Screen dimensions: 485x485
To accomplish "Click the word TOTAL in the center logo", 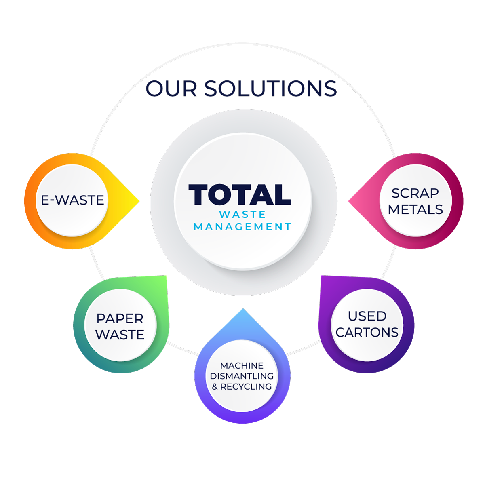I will tap(240, 194).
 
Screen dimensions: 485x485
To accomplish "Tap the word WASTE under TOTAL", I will tap(242, 214).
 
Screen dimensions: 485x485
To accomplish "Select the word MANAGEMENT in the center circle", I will tap(242, 227).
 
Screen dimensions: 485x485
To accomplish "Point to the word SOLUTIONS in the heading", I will tap(270, 89).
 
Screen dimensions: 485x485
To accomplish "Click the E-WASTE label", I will tap(73, 200).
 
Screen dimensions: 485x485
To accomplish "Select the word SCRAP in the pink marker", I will tap(415, 193).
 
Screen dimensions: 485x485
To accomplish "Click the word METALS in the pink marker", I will tap(415, 209).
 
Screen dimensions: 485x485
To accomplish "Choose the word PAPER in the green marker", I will tap(120, 318).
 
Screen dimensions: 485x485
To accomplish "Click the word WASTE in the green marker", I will tap(120, 335).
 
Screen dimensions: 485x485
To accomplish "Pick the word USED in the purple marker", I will tap(367, 316).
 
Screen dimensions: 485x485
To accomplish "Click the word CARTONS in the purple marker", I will tap(367, 332).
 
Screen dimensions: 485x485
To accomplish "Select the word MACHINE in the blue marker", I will tap(242, 365).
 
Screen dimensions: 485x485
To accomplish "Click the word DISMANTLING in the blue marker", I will tap(242, 376).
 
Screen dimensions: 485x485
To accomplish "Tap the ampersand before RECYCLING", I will tap(215, 387).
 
